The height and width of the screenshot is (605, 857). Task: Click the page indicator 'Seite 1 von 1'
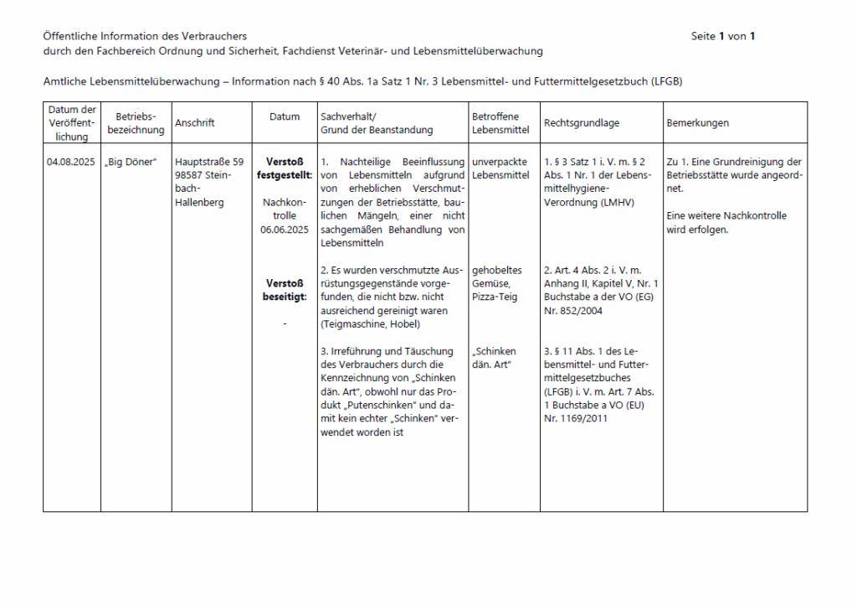coord(723,36)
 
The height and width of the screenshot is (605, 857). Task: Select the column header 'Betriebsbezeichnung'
coord(136,123)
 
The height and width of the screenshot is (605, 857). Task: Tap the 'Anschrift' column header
coord(194,123)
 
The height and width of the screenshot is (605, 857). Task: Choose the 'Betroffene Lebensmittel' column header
coord(495,123)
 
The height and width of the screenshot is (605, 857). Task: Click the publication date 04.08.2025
coord(71,162)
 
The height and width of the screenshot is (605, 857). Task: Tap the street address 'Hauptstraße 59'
coord(209,162)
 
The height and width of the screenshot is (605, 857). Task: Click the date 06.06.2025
coord(285,229)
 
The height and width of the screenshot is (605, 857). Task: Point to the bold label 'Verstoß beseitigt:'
coord(285,290)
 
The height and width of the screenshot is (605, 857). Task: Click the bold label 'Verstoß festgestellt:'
coord(285,168)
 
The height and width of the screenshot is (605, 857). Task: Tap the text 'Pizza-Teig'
coord(495,297)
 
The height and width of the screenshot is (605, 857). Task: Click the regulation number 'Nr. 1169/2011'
coord(576,418)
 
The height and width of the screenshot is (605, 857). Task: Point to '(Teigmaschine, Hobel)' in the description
coord(371,323)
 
